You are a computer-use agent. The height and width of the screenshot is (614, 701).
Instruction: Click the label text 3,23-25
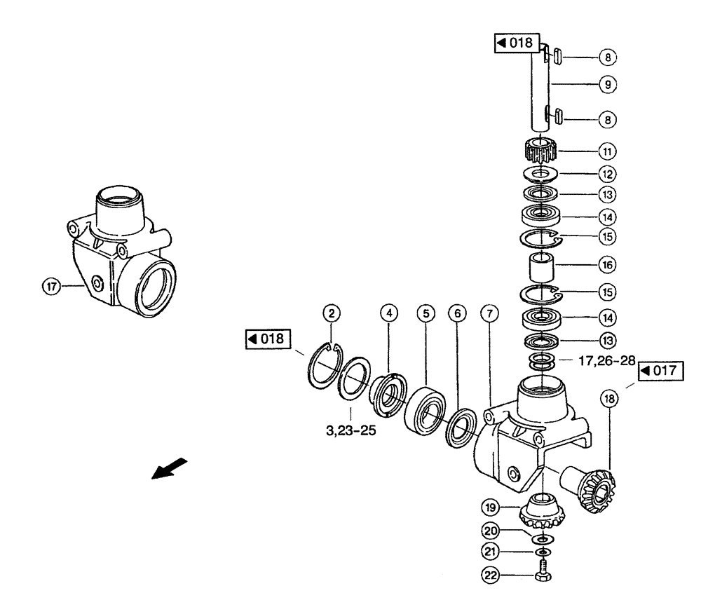[350, 430]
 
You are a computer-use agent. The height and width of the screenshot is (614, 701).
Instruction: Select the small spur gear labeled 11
[540, 150]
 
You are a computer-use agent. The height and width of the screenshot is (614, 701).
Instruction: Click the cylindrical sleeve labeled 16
[540, 266]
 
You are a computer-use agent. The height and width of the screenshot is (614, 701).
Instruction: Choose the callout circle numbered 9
[607, 85]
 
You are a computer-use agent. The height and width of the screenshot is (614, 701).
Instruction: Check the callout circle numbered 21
[491, 552]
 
